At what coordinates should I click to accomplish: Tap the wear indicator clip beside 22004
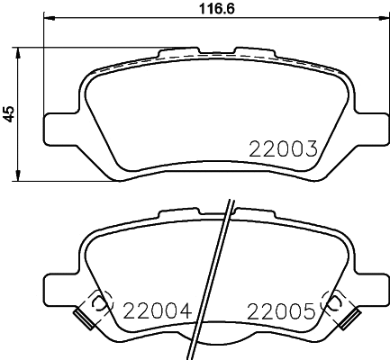[84, 318]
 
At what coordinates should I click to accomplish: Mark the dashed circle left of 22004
[101, 302]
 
